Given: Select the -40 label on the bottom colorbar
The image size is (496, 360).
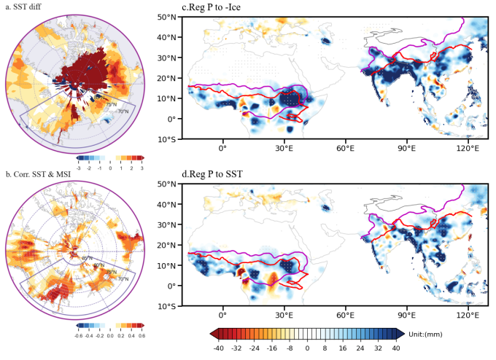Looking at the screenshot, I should click(x=219, y=348).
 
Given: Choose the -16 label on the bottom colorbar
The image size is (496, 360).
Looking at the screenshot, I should click(x=272, y=348).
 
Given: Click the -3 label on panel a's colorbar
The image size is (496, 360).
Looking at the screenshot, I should click(x=79, y=167).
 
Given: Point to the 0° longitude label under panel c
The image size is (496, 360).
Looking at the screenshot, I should click(x=222, y=149).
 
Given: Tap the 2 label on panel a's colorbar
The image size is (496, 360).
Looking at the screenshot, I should click(x=131, y=167).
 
